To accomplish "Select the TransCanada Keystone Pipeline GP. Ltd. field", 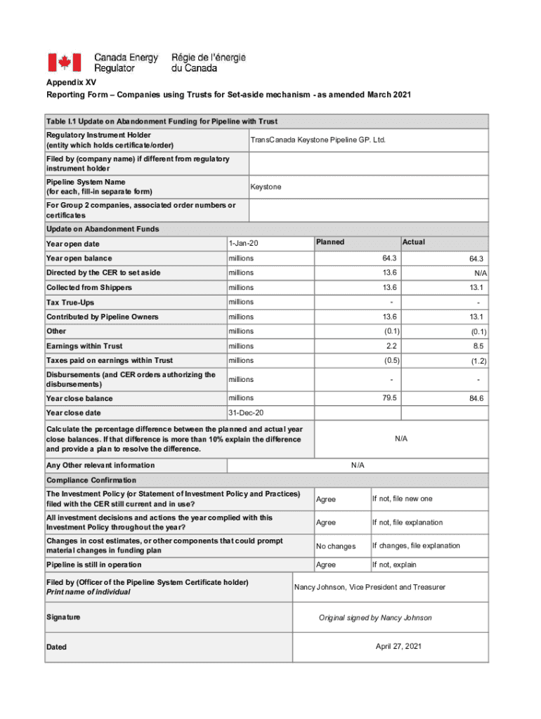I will (x=318, y=140).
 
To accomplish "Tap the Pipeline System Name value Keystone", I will (x=266, y=187).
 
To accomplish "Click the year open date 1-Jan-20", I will (x=244, y=243).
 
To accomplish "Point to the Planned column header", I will (x=330, y=242).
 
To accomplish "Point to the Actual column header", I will (x=414, y=242).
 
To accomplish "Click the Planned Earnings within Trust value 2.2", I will (x=391, y=345).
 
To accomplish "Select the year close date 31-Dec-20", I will (x=247, y=413).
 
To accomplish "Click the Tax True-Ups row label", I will (x=70, y=302).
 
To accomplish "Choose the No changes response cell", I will (x=336, y=546).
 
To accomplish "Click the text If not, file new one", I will (x=402, y=499).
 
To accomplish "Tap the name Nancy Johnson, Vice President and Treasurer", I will (x=370, y=587).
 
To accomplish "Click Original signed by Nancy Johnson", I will (x=375, y=618).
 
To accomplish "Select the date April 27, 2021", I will (x=398, y=646).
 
